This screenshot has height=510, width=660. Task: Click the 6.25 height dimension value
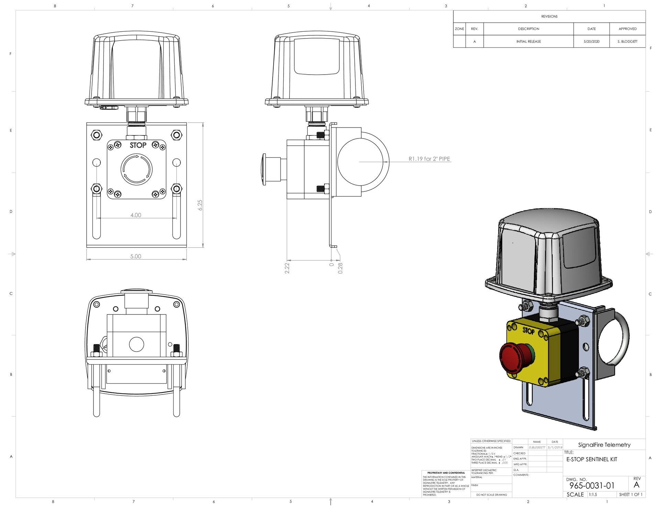coord(200,205)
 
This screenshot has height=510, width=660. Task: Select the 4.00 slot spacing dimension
coord(136,215)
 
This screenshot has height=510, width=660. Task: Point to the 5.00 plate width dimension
coord(136,256)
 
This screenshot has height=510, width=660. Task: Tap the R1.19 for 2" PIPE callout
coord(429,159)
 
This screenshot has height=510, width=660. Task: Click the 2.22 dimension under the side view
coord(287,268)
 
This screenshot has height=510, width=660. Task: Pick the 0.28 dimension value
coord(340,268)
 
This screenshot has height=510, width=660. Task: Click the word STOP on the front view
coord(138,145)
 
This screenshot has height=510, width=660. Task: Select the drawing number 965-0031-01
coord(592,486)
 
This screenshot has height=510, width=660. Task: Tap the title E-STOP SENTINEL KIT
coord(592,459)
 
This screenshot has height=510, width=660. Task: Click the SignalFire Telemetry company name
coord(604,445)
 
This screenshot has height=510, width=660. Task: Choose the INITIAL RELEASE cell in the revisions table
coord(528,42)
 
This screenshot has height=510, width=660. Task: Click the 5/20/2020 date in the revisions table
coord(591,42)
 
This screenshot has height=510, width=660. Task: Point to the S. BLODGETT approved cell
coord(627,42)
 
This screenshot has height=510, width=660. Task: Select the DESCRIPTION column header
coord(528,29)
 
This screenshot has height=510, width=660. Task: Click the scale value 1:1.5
coord(593,495)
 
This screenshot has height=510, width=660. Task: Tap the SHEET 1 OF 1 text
coord(630,495)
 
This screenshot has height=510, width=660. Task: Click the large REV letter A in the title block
coord(636,485)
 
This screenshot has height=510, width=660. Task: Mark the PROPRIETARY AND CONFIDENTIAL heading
coord(446,473)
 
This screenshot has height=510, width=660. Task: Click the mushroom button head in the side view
coord(264,169)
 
